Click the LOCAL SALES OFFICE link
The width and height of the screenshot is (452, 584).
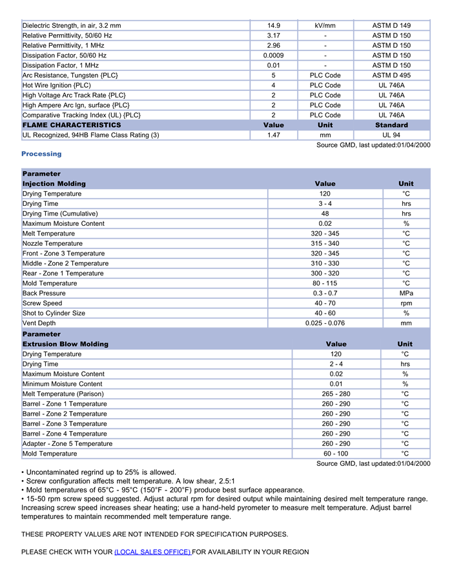click(152, 552)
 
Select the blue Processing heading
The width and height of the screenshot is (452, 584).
click(41, 154)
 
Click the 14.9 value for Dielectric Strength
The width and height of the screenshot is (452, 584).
click(273, 26)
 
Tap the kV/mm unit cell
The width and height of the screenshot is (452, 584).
click(325, 26)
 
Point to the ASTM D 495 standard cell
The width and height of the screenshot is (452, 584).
click(391, 76)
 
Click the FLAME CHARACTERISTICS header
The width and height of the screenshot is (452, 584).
click(72, 125)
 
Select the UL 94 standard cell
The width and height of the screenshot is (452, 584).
click(391, 135)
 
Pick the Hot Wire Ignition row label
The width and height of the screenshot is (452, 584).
click(57, 85)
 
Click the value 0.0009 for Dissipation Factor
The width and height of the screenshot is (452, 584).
click(273, 55)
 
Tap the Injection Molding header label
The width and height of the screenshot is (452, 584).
click(54, 184)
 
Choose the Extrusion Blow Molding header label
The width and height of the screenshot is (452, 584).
click(65, 344)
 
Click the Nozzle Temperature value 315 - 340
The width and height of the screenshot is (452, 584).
click(325, 243)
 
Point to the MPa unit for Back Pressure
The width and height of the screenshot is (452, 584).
click(406, 293)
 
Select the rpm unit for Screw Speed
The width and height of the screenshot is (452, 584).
click(406, 303)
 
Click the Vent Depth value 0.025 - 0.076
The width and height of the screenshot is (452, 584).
click(325, 323)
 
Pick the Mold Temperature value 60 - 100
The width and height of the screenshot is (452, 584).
click(336, 454)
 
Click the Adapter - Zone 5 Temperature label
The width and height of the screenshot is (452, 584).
click(67, 443)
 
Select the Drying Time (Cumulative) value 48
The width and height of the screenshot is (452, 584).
click(325, 214)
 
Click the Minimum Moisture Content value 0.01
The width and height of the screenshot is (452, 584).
click(336, 384)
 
